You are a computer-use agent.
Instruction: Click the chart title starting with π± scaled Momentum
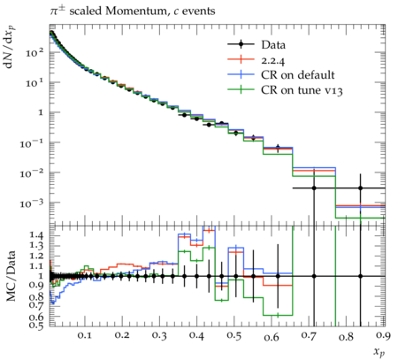pyautogui.click(x=132, y=11)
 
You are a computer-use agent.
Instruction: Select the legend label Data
pyautogui.click(x=273, y=45)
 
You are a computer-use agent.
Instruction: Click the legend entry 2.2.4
pyautogui.click(x=273, y=60)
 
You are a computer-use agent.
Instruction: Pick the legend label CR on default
pyautogui.click(x=298, y=75)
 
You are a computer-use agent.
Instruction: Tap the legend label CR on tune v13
pyautogui.click(x=302, y=90)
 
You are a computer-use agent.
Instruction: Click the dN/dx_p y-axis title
pyautogui.click(x=10, y=47)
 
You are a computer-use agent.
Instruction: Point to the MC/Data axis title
pyautogui.click(x=11, y=276)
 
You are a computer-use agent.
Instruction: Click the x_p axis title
pyautogui.click(x=379, y=351)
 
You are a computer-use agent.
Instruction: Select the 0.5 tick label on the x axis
pyautogui.click(x=234, y=336)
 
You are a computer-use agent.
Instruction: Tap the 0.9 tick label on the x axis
pyautogui.click(x=384, y=336)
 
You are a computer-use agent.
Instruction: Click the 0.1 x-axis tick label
pyautogui.click(x=85, y=336)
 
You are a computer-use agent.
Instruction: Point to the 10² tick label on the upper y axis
pyautogui.click(x=34, y=53)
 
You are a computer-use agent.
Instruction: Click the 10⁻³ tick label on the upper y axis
pyautogui.click(x=32, y=203)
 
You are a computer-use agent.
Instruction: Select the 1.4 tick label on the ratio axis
pyautogui.click(x=36, y=235)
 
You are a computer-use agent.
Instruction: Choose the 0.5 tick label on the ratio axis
pyautogui.click(x=36, y=326)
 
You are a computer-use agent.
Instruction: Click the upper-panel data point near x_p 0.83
pyautogui.click(x=360, y=188)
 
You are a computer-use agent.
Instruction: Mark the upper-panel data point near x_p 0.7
pyautogui.click(x=314, y=188)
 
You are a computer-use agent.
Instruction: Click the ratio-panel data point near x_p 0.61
pyautogui.click(x=278, y=276)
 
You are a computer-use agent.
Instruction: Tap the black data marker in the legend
pyautogui.click(x=241, y=44)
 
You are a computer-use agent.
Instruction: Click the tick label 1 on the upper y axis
pyautogui.click(x=41, y=112)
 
